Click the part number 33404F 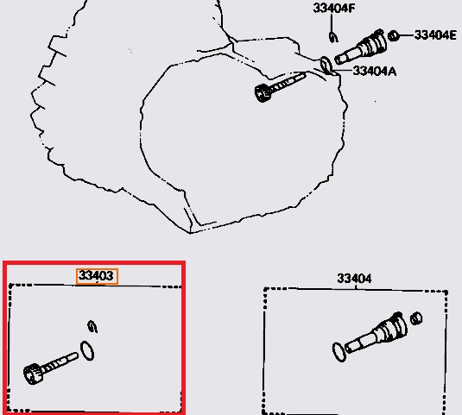[334, 9]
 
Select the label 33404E [435, 35]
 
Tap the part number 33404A [374, 71]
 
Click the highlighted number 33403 [97, 276]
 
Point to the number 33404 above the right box [354, 279]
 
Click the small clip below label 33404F [333, 37]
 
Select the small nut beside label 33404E [393, 36]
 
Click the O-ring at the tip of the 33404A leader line [326, 66]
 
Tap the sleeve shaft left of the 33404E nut [361, 47]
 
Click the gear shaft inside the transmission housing [279, 87]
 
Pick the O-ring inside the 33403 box [87, 351]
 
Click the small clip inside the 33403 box [92, 327]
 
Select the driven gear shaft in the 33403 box [50, 368]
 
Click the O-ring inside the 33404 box [339, 352]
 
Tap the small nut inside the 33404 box [416, 318]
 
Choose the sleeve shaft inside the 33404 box [377, 333]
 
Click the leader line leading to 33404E [406, 35]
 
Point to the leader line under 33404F [332, 23]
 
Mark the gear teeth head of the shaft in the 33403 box [32, 374]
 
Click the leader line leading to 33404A [342, 71]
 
